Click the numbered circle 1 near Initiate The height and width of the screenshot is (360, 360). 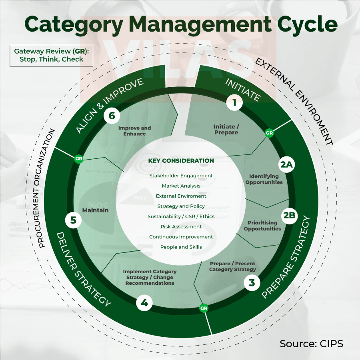coord(234,103)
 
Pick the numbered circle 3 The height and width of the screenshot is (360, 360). coord(252,283)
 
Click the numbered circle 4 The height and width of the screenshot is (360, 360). coord(144,303)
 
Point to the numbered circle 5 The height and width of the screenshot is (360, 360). coord(73,220)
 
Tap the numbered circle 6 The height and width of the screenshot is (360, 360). coord(112,116)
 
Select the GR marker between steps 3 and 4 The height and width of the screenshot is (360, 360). coord(204,308)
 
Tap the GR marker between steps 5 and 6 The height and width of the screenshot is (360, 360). coord(78,159)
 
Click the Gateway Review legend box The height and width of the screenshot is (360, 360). coord(52,55)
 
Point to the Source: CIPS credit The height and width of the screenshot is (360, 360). coord(311,344)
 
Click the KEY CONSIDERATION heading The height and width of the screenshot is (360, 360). coord(181,161)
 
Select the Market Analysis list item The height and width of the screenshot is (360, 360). coord(181,186)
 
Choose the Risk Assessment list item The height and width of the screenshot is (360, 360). coord(181,226)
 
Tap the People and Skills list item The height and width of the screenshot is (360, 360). coord(181,247)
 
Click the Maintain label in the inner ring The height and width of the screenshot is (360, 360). coord(95,210)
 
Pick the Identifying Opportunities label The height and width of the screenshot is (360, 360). coord(264,179)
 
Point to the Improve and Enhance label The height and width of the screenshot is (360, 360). coord(134,131)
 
